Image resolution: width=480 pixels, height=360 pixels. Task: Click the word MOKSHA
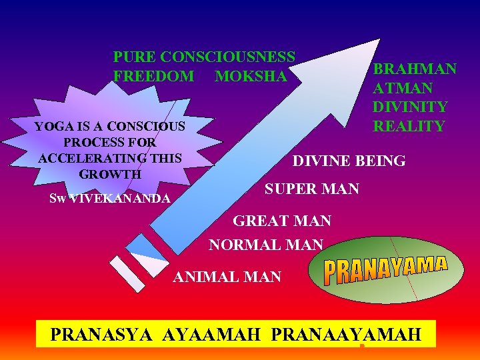251,77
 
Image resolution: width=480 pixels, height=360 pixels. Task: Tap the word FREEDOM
153,77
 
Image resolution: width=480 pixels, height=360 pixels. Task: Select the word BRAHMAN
415,69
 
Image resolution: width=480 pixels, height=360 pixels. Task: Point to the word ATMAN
403,88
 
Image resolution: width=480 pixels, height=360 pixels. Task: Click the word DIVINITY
410,107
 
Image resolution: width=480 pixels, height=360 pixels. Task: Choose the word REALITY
409,126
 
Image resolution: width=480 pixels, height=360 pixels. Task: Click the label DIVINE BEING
349,161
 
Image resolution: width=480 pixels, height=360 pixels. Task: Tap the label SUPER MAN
312,189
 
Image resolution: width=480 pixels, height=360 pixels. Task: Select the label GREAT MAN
282,220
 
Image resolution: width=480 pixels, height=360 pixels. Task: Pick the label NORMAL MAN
266,245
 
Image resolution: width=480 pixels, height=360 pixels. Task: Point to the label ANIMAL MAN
227,276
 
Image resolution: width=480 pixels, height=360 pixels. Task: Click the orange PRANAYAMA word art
385,271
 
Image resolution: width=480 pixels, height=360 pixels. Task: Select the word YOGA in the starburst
50,126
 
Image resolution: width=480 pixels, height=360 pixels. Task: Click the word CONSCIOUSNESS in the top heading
228,57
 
